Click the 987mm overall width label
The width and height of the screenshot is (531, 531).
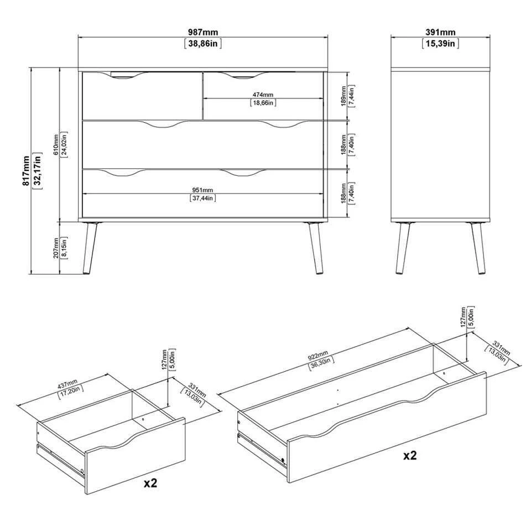(202, 32)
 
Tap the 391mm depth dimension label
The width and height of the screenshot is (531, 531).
(441, 32)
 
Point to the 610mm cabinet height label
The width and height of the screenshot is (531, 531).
(56, 145)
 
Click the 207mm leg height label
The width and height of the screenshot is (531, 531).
(56, 249)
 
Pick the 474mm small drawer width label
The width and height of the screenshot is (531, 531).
(264, 95)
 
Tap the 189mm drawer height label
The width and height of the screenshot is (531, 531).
(343, 95)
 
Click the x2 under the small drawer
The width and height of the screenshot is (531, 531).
(150, 483)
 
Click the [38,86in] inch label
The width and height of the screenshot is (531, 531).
(202, 43)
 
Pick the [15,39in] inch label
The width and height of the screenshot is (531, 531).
(441, 43)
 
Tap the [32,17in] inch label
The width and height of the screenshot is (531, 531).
(38, 170)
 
